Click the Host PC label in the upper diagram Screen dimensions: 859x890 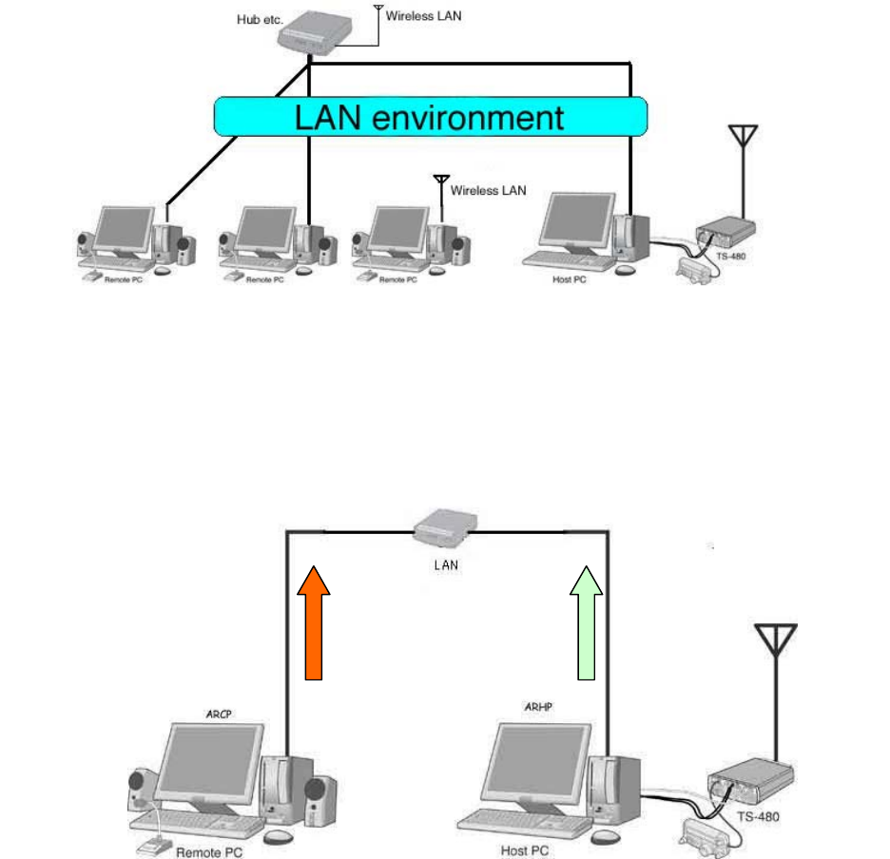pos(568,279)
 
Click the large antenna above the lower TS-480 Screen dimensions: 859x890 pos(775,656)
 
